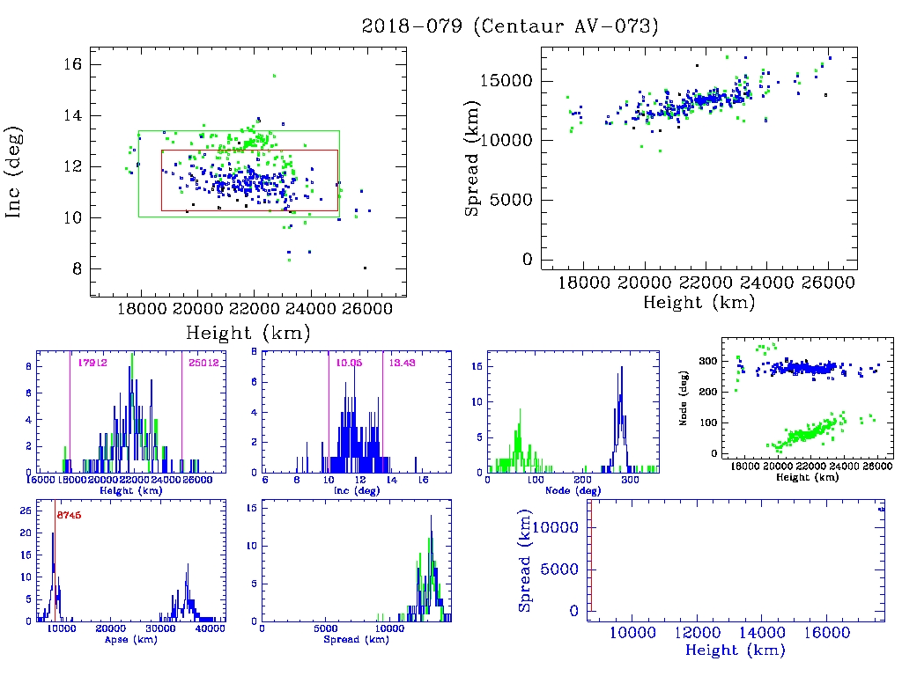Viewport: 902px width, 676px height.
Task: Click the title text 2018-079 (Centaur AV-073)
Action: (510, 26)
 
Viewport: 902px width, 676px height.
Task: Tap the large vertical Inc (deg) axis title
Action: (15, 173)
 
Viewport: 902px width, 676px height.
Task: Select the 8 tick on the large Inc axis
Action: (78, 269)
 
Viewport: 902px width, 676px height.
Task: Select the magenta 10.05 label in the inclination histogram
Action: (348, 362)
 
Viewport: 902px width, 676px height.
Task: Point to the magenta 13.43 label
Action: (403, 362)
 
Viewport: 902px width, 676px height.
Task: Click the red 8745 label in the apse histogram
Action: (69, 515)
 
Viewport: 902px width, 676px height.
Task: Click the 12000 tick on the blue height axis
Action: (698, 632)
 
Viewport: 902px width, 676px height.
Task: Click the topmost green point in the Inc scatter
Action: (274, 76)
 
